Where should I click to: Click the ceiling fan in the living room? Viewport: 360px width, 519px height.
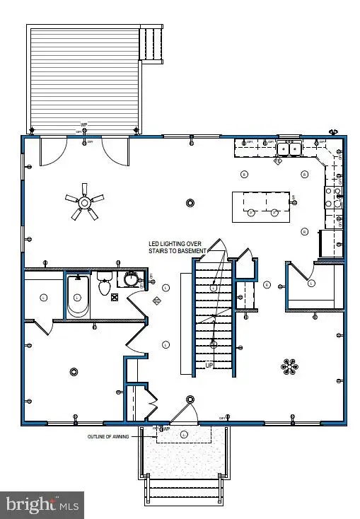click(84, 203)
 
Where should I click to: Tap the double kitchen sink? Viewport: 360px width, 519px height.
click(288, 148)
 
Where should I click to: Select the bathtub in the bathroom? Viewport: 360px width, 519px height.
click(78, 297)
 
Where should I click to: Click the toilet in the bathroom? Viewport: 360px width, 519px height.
click(105, 285)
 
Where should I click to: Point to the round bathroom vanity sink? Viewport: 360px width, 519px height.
click(130, 280)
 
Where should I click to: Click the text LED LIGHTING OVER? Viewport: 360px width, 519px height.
click(175, 244)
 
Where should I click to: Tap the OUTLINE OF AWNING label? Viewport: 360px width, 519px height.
click(108, 437)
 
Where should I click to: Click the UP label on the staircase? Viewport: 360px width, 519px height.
click(209, 365)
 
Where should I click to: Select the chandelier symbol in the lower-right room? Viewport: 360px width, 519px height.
click(289, 366)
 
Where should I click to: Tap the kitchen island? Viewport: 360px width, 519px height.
click(261, 205)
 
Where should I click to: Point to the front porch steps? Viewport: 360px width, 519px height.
click(184, 489)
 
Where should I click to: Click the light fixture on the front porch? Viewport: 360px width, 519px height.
click(185, 433)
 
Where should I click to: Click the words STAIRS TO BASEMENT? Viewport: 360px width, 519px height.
click(177, 252)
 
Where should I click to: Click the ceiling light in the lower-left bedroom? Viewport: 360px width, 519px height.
click(74, 372)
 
